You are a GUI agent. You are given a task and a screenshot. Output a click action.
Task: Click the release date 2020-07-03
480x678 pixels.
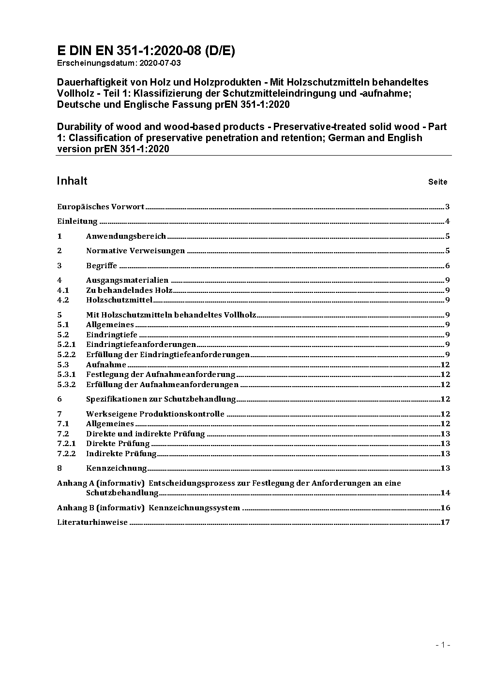(160, 63)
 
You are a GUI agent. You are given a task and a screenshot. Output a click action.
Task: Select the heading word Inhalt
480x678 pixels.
(72, 181)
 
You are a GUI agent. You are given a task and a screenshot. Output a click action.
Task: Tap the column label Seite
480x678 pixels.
(437, 182)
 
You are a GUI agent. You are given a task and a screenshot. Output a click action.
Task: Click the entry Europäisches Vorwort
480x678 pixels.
(101, 207)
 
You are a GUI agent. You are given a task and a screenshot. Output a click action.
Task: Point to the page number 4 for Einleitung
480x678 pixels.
(448, 222)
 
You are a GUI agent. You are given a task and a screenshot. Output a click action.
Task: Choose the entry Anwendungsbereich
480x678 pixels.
(126, 236)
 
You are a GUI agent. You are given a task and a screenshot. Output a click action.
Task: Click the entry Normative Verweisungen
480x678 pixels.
(135, 251)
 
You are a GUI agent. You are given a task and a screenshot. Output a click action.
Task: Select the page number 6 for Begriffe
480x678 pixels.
(448, 266)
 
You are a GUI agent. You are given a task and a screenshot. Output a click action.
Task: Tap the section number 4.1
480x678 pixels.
(63, 290)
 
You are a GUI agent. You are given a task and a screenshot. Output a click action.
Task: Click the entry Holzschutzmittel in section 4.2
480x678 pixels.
(119, 300)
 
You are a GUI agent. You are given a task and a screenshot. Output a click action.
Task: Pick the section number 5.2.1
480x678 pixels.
(66, 345)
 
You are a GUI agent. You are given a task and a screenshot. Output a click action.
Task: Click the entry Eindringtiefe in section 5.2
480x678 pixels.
(112, 334)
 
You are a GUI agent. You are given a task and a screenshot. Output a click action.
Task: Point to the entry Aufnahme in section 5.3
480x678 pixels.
(106, 365)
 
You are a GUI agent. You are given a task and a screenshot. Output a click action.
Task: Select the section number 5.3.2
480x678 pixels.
(66, 385)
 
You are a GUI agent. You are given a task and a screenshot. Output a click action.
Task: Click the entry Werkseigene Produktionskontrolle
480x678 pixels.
(155, 414)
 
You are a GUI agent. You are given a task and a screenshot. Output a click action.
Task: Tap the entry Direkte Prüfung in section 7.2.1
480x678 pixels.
(118, 444)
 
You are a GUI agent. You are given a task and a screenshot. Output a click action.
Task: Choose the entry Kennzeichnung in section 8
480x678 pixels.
(116, 468)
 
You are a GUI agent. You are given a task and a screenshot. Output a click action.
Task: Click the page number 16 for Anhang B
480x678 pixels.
(445, 507)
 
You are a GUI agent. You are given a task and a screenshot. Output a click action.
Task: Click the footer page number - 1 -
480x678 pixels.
(443, 645)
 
